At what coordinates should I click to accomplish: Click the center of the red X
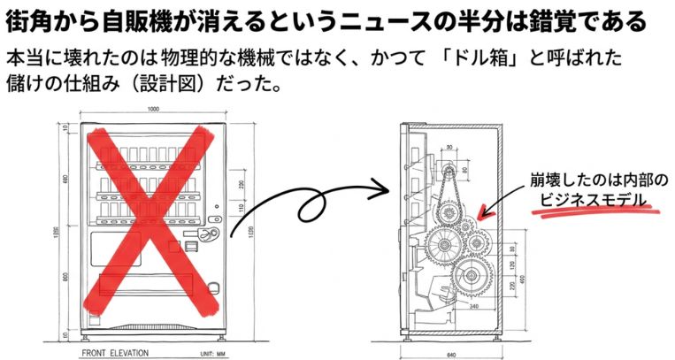click(148, 221)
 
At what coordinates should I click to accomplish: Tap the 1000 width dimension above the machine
click(154, 109)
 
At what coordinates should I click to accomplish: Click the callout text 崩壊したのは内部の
click(599, 178)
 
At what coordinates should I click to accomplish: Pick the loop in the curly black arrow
click(311, 207)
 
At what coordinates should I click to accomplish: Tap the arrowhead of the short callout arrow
click(480, 216)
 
